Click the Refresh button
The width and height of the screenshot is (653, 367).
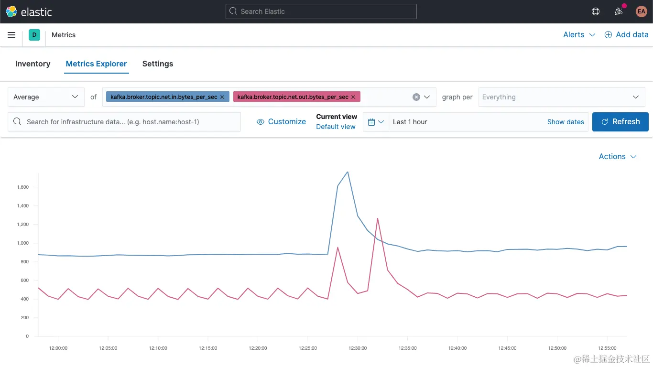coord(620,122)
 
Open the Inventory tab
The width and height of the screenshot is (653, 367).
coord(33,64)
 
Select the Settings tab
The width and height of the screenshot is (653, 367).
coord(158,64)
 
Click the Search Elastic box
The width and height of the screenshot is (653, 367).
coord(321,11)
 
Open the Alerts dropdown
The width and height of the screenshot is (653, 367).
coord(579,35)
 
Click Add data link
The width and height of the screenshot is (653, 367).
coord(626,35)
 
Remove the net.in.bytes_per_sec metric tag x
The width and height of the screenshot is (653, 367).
coord(222,97)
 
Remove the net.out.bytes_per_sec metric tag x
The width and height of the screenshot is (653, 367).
coord(353,97)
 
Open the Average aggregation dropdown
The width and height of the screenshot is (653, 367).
coord(46,97)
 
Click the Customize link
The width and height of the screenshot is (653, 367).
coord(282,122)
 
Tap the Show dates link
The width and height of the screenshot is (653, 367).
coord(566,122)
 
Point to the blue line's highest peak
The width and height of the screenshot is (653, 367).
coord(348,172)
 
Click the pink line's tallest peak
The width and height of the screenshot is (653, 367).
coord(378,218)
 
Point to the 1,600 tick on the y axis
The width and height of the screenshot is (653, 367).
coord(23,187)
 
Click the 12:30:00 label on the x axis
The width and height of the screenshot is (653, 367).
coord(358,348)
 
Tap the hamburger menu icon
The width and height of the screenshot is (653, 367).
coord(11,35)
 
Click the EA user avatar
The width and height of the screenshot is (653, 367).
coord(641,11)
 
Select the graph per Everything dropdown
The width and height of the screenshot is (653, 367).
coord(561,97)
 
